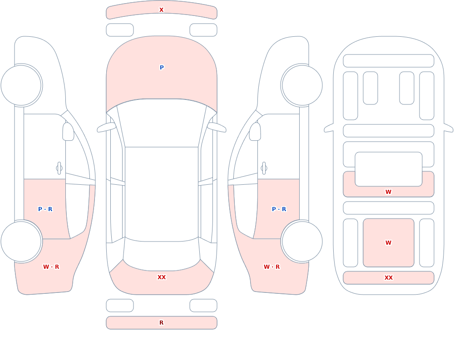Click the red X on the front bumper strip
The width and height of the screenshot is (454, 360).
point(161,10)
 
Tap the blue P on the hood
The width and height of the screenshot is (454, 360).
point(162,68)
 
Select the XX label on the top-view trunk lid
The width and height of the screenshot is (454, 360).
point(162,277)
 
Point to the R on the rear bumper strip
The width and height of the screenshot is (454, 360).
point(162,323)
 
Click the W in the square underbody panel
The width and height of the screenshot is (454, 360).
point(388,243)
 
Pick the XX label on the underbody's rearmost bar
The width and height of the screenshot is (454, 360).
point(388,278)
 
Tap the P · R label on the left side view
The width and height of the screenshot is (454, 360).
point(45,209)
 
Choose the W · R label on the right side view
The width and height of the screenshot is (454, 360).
point(271,267)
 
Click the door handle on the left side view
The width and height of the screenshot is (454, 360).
point(59,168)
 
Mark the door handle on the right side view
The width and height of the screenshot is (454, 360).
point(264,168)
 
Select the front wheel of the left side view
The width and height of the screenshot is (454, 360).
point(21,85)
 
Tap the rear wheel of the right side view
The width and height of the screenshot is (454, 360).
point(302,241)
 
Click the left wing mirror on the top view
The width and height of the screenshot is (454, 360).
point(106,128)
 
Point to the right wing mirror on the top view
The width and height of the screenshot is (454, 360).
point(217,128)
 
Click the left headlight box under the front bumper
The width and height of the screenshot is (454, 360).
point(120,30)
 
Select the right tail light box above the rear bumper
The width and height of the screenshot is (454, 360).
point(203,306)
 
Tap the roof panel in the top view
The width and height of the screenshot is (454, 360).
point(162,194)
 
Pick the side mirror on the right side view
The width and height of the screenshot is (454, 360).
point(255,132)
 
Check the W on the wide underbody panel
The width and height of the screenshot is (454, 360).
point(388,192)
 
